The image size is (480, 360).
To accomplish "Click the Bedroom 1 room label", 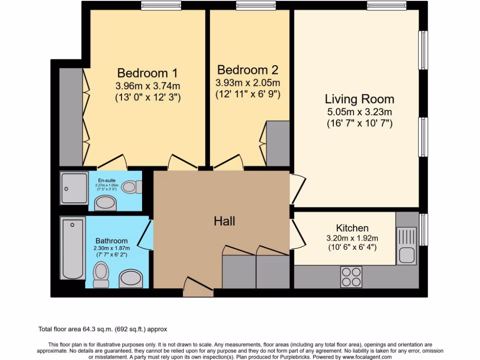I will point(148,73).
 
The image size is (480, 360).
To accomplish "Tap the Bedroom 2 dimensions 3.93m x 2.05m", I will point(247,83).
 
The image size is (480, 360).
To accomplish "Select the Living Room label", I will point(360,99).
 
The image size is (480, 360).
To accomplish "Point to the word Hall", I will point(224,221).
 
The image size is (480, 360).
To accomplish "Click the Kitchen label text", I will point(353,228).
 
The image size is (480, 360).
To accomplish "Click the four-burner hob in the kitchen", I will point(351,277).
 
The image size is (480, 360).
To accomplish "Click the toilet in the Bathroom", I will point(100,274).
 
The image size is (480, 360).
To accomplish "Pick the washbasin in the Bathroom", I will point(131,279).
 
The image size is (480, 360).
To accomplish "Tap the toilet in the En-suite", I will point(131,187).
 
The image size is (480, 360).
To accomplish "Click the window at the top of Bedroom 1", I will point(155,7).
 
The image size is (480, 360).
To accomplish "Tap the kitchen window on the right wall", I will point(424,230).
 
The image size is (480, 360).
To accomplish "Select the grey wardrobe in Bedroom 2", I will point(278,143).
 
